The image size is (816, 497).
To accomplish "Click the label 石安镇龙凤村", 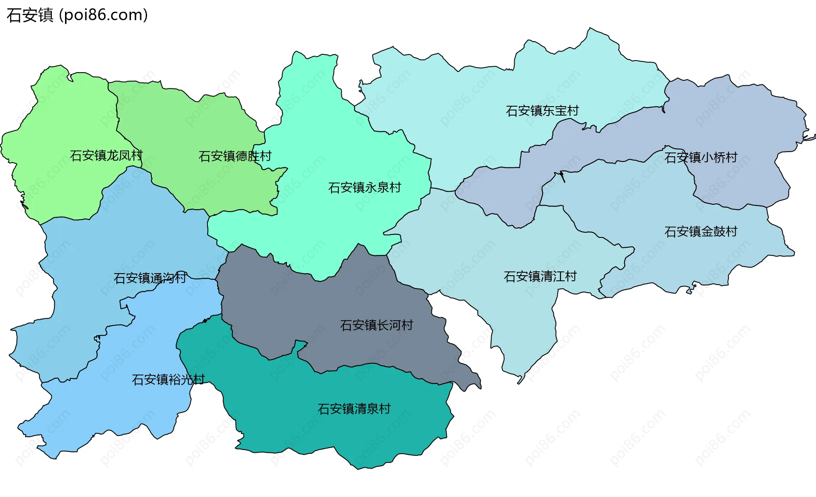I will [x=106, y=155].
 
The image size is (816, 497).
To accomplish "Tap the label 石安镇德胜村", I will [x=235, y=156].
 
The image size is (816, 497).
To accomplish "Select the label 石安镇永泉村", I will [x=365, y=187].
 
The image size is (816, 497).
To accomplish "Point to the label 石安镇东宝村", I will [x=542, y=111].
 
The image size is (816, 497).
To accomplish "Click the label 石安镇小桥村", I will [x=701, y=158].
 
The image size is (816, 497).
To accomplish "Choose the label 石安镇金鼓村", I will [x=701, y=232].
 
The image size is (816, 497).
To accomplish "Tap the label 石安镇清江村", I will [x=540, y=277].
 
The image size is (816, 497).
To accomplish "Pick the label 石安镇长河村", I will [x=377, y=325].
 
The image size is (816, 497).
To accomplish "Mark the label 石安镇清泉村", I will [x=354, y=409].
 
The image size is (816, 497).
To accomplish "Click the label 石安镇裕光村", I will [x=168, y=379].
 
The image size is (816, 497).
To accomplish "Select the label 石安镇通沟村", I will [x=150, y=278].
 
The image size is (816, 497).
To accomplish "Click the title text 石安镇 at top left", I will [x=30, y=15].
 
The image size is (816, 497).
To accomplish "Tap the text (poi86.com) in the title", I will [x=103, y=15].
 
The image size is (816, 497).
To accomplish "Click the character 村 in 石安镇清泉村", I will [x=385, y=409].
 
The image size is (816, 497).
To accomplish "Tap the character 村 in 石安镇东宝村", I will [x=573, y=111].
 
